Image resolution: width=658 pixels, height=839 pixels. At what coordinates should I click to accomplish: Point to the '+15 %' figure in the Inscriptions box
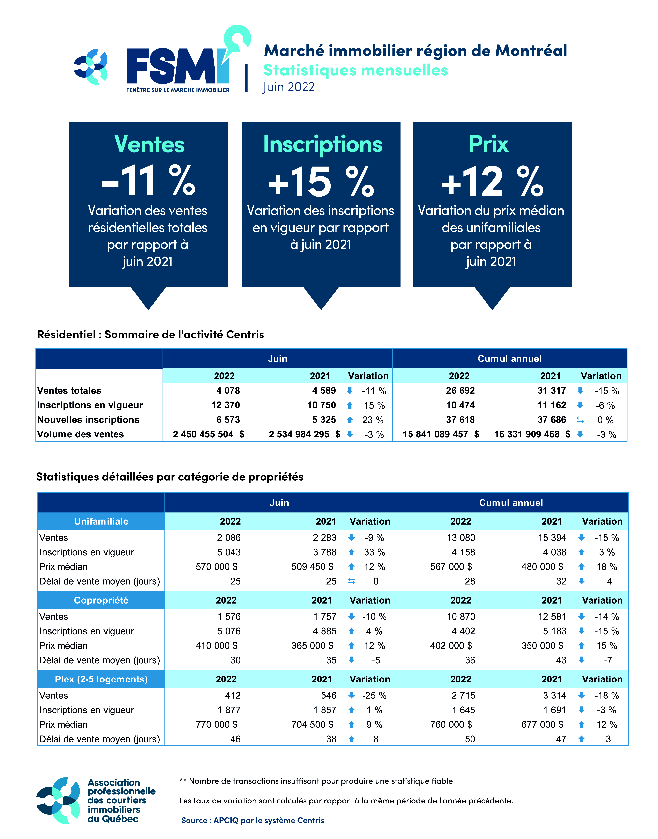point(321,181)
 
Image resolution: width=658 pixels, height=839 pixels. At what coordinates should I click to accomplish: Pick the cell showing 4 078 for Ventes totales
point(228,391)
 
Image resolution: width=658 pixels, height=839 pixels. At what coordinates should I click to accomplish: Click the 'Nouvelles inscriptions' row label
point(88,420)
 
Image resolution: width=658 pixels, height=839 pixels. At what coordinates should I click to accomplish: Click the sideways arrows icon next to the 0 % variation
point(580,420)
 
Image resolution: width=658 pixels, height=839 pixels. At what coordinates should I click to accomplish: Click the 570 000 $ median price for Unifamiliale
point(217,567)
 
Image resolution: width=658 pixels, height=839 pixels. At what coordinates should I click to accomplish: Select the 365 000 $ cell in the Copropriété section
point(312,646)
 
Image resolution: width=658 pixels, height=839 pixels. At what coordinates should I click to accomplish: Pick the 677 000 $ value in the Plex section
point(542,725)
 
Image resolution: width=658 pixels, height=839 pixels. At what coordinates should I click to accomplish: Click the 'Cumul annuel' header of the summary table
point(509,359)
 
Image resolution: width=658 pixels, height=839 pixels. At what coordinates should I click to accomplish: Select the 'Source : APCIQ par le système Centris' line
point(253,820)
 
